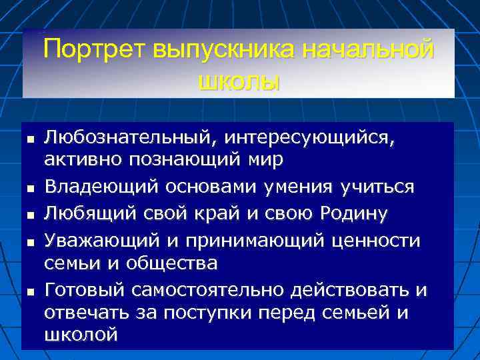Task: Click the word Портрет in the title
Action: pyautogui.click(x=95, y=51)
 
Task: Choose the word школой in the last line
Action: pyautogui.click(x=81, y=335)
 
